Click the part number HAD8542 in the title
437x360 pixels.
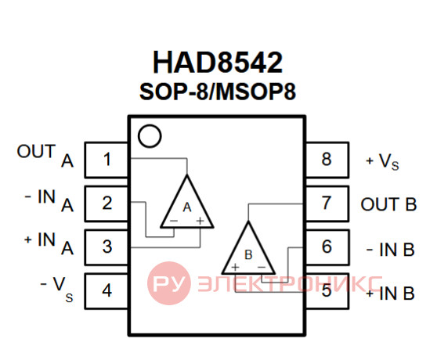(218, 63)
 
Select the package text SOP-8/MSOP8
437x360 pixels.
(218, 92)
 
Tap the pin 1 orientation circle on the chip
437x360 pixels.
(150, 136)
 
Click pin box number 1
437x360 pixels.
(107, 160)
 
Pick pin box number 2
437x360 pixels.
(107, 203)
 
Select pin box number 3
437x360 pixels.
(107, 247)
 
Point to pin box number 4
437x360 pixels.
(107, 291)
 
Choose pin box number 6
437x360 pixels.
(327, 247)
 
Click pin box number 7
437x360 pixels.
(327, 203)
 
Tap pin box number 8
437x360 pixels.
(327, 160)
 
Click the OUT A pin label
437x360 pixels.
(45, 156)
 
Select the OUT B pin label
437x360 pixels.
(388, 204)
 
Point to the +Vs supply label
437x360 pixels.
(382, 161)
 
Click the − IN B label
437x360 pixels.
(390, 249)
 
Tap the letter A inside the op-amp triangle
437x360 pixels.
(187, 207)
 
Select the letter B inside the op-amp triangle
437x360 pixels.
(248, 254)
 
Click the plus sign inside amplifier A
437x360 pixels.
(200, 221)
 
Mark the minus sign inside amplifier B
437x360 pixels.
(262, 268)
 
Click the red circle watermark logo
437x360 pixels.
(169, 283)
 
